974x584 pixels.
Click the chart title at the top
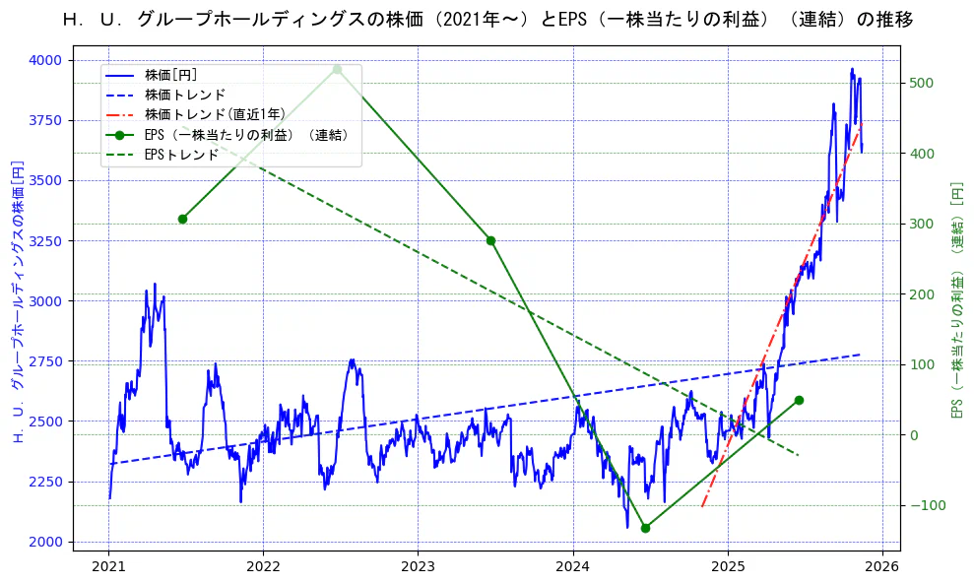coord(487,19)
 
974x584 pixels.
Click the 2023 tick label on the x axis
coord(419,566)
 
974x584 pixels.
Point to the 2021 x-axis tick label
coord(109,566)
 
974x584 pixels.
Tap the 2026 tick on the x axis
coord(882,566)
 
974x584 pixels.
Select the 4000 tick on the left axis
coord(44,60)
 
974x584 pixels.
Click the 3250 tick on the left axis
coord(44,241)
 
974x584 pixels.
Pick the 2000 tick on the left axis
coord(44,542)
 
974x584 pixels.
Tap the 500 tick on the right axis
coord(924,83)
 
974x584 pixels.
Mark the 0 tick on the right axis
coord(914,435)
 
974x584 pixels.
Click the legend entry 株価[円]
coord(171,75)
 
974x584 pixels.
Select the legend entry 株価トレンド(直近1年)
coord(215,115)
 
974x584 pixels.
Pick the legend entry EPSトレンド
coord(181,155)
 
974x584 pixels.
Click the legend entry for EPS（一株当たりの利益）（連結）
coord(246,135)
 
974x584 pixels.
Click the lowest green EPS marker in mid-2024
coord(645,528)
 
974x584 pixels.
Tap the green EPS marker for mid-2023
coord(490,240)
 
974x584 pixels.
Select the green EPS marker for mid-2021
coord(182,219)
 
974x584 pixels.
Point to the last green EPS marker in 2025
coord(799,400)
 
